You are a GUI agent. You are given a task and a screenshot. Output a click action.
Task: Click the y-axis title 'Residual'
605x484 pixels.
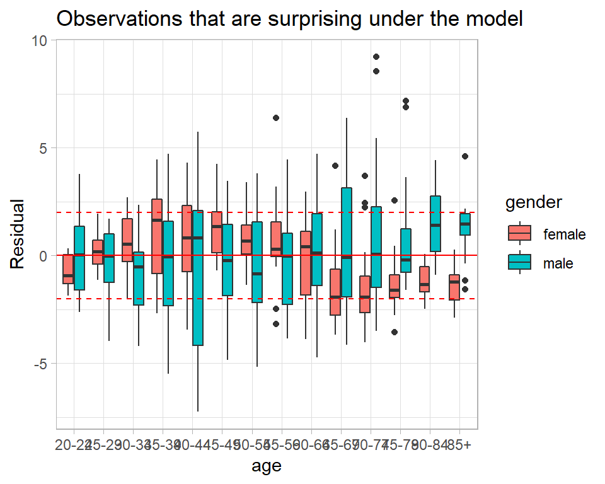coord(20,234)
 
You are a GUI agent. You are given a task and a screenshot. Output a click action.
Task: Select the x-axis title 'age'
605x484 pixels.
coord(267,466)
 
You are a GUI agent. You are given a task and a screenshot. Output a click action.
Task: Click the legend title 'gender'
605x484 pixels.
coord(534,203)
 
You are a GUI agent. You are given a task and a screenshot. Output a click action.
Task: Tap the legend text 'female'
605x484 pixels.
coord(565,234)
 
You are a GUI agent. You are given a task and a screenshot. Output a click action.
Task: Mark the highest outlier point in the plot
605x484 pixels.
coord(376,57)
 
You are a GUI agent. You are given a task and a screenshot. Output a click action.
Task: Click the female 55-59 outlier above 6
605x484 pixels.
coord(276,118)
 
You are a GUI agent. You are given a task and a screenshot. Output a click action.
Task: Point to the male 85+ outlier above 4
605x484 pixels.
coord(465,156)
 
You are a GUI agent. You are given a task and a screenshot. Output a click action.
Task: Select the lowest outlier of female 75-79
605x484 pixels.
coord(395,332)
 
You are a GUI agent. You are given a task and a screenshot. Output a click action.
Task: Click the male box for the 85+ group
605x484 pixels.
coord(465,224)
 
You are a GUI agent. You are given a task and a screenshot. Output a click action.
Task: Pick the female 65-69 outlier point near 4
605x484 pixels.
coord(335,166)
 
